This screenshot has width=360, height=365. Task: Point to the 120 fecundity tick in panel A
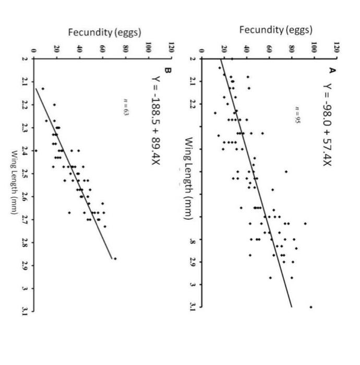point(337,48)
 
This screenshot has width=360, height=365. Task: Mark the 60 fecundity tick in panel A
point(269,48)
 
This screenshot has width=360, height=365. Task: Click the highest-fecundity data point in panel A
point(311,307)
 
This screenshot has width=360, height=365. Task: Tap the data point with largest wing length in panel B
point(115,258)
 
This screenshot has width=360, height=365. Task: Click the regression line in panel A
point(256,182)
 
